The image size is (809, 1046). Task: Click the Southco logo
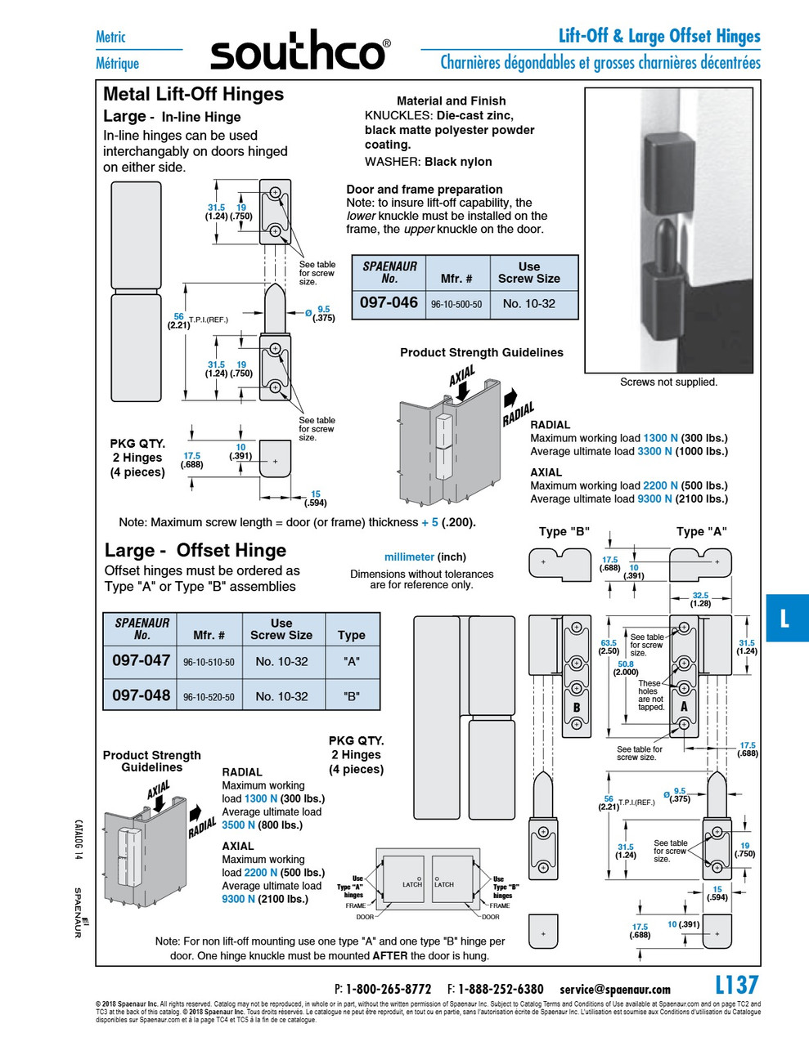pyautogui.click(x=299, y=51)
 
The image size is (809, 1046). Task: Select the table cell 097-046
pyautogui.click(x=389, y=302)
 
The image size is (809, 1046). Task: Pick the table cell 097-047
pyautogui.click(x=141, y=660)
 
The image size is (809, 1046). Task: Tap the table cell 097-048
pyautogui.click(x=141, y=695)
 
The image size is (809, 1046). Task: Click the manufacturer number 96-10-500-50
pyautogui.click(x=456, y=304)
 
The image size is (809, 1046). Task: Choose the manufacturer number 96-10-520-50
pyautogui.click(x=209, y=697)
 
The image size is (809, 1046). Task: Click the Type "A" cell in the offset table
pyautogui.click(x=352, y=661)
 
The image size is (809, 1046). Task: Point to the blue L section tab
pyautogui.click(x=786, y=618)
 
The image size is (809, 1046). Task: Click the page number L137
pyautogui.click(x=736, y=985)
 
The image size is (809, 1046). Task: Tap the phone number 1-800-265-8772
pyautogui.click(x=388, y=989)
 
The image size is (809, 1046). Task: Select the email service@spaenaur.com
pyautogui.click(x=615, y=989)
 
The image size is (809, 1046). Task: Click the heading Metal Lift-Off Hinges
pyautogui.click(x=193, y=94)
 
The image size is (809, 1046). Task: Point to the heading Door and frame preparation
pyautogui.click(x=424, y=189)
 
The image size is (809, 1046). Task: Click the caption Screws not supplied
pyautogui.click(x=668, y=382)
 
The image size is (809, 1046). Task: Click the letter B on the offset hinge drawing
pyautogui.click(x=577, y=708)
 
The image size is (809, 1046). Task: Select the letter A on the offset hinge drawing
pyautogui.click(x=684, y=706)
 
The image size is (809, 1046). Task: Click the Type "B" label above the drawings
pyautogui.click(x=564, y=531)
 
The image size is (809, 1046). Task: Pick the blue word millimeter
pyautogui.click(x=409, y=557)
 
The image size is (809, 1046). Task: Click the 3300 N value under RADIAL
pyautogui.click(x=654, y=451)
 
